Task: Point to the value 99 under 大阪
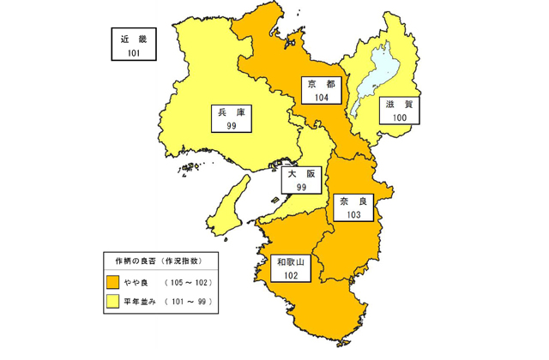[x=301, y=186]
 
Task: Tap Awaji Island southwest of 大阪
[x=227, y=206]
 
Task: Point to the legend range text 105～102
[x=187, y=282]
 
